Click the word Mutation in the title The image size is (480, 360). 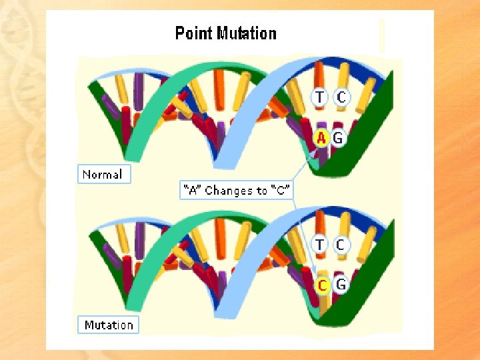coord(247,33)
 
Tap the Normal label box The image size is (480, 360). coord(103,175)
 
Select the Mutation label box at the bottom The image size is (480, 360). coord(109,325)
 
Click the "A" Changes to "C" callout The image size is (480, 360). coord(237,191)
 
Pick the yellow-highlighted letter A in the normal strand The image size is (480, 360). coord(321,138)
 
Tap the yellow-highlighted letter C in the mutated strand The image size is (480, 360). coord(322,285)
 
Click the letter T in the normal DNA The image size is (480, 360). coord(320,97)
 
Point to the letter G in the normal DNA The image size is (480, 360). coord(338,138)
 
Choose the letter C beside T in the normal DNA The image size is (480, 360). coord(341,97)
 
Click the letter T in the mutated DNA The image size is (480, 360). coord(320,245)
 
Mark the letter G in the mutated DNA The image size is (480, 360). coord(341,285)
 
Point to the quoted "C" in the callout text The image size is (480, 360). coord(282,191)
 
